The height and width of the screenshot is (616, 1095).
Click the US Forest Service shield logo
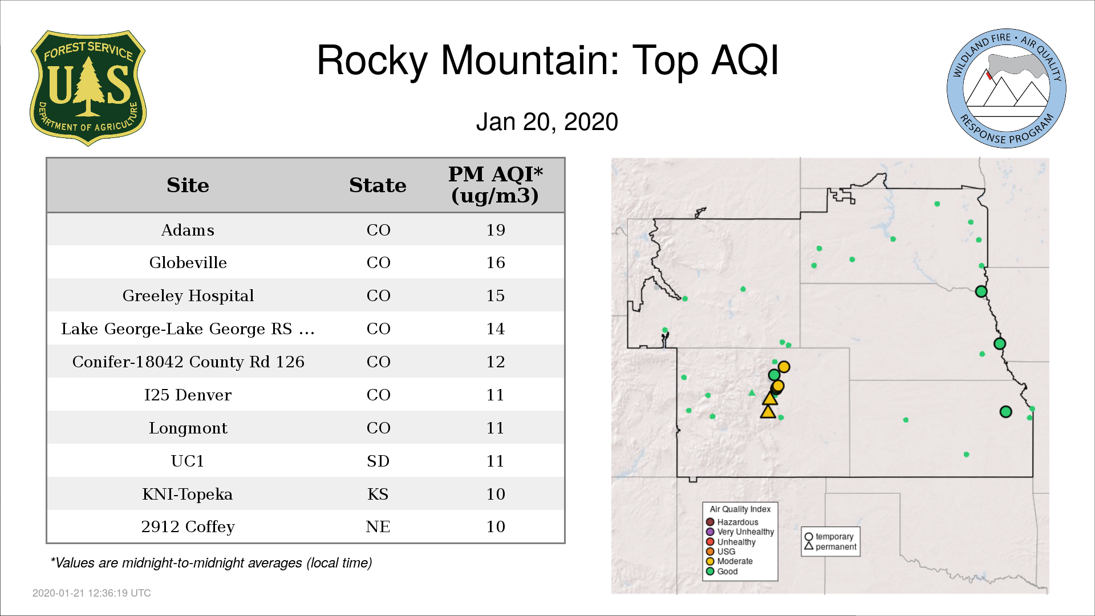tap(88, 88)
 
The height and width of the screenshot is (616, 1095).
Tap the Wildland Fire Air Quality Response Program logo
tap(1007, 88)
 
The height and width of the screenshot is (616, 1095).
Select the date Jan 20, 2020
tap(547, 122)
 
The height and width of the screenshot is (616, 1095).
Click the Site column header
tap(188, 185)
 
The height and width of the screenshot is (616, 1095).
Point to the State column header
tap(378, 185)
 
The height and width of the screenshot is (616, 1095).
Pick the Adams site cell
tap(188, 230)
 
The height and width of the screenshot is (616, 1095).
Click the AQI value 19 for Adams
tap(496, 230)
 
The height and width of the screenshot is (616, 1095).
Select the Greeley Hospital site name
tap(188, 295)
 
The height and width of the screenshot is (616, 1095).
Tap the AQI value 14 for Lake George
tap(496, 329)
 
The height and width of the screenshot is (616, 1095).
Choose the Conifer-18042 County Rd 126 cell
tap(188, 362)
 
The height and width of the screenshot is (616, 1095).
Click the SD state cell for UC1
tap(378, 461)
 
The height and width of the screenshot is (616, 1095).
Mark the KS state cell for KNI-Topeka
tap(378, 494)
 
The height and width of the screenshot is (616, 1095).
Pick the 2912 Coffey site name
tap(188, 527)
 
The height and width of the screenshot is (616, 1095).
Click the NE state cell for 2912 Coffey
tap(378, 526)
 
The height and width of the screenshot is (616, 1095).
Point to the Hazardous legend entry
tap(732, 522)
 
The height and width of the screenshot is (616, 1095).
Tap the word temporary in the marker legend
tap(834, 537)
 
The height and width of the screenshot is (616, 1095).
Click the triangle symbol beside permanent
tap(809, 546)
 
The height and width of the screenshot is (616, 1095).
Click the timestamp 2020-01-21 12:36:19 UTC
tap(92, 593)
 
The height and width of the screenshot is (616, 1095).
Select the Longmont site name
tap(188, 428)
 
